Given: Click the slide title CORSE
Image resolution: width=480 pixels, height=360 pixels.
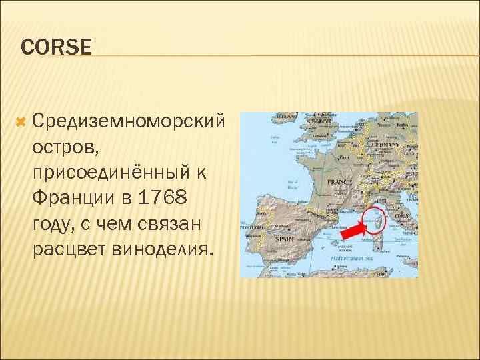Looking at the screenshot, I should (56, 47).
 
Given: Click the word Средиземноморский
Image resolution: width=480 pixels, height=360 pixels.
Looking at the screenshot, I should (127, 121).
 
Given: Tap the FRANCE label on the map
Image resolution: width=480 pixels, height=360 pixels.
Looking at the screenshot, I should (339, 182).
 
